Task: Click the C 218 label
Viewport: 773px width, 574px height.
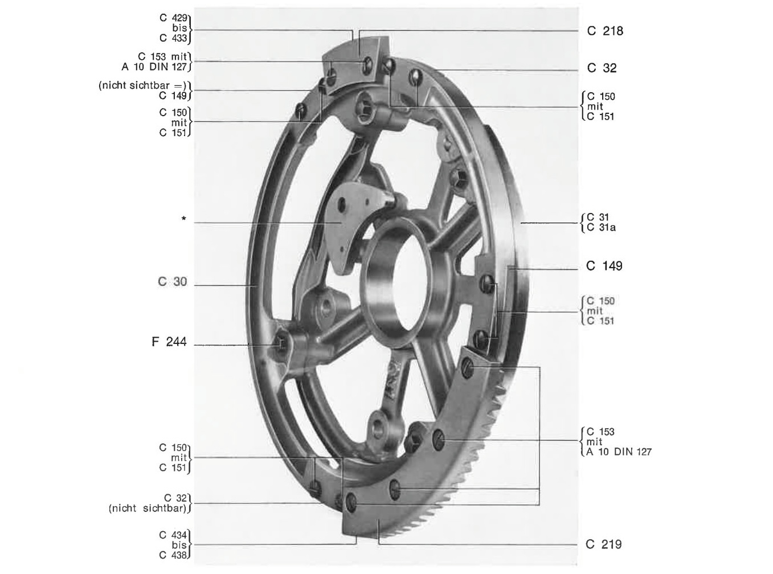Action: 604,31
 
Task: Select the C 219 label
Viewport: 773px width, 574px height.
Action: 604,544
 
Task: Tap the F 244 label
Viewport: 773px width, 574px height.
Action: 169,342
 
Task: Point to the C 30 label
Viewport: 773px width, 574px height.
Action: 173,282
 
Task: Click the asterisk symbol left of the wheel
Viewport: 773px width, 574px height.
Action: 183,219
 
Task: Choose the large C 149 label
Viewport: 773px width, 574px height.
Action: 604,266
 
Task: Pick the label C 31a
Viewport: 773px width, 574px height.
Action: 601,228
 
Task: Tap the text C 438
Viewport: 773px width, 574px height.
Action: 173,555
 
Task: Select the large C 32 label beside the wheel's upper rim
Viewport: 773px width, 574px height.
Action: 602,68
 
